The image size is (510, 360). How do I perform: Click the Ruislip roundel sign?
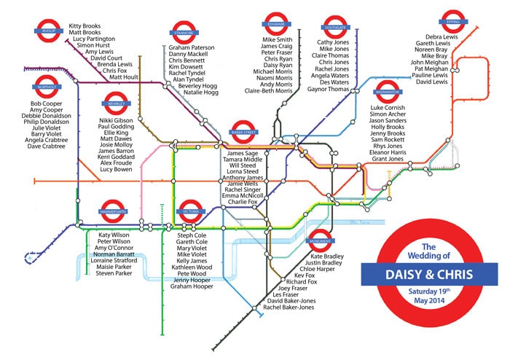tap(48, 31)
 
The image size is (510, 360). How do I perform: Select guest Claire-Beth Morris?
tap(269, 91)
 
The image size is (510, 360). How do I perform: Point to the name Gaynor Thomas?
tap(330, 90)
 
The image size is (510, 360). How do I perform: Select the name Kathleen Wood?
tap(192, 267)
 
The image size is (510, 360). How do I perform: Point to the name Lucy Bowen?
tap(115, 169)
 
